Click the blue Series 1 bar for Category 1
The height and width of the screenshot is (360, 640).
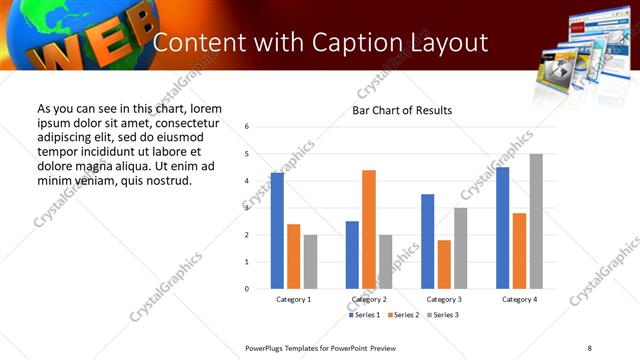pos(277,231)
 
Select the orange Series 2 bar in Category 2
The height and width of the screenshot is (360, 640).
pos(369,229)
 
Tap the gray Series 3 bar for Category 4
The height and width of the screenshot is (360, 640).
pos(536,221)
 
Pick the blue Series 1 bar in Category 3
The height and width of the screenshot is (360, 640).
pos(428,241)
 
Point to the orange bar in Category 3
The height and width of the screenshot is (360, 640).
pos(444,264)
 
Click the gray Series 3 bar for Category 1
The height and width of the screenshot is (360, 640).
pos(310,262)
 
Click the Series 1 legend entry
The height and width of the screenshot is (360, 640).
pos(365,315)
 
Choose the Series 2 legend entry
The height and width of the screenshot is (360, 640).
pos(402,315)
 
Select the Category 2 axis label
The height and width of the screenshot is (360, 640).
pos(369,299)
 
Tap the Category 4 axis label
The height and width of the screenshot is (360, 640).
pos(519,299)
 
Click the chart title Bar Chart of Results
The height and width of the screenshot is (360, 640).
pos(402,110)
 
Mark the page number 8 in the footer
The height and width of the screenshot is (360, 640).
pos(589,347)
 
